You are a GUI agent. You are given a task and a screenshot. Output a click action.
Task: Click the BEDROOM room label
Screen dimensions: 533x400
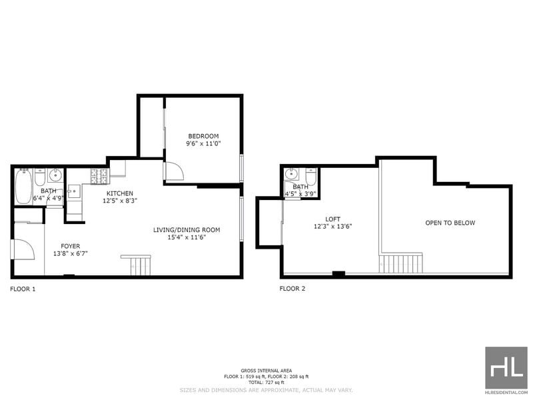203,136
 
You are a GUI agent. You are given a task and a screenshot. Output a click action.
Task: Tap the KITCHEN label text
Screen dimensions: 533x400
120,193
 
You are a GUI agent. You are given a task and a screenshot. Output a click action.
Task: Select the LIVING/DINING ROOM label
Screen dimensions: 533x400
187,230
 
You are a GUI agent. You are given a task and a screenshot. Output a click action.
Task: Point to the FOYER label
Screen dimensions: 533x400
71,246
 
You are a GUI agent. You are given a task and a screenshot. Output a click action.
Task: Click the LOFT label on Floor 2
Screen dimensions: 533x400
332,219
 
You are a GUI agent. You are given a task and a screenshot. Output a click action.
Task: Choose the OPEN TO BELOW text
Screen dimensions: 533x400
450,223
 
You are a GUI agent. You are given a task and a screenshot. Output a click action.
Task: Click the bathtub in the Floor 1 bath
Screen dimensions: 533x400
23,187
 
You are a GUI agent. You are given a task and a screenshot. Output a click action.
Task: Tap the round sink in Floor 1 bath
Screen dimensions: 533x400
55,175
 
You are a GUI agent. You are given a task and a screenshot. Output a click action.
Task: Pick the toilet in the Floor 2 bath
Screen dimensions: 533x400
311,177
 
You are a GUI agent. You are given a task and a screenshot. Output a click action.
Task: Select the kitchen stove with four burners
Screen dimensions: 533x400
99,177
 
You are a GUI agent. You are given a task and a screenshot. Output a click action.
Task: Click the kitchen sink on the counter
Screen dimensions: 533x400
75,191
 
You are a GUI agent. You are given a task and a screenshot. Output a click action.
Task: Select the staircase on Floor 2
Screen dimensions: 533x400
401,263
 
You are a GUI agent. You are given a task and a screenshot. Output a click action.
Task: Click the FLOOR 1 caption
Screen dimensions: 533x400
23,289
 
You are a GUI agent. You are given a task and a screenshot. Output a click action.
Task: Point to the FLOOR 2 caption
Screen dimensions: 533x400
292,289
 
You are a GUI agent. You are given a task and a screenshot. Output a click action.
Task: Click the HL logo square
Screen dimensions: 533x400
506,368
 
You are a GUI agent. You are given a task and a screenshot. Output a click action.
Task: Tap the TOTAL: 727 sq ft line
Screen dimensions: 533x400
266,382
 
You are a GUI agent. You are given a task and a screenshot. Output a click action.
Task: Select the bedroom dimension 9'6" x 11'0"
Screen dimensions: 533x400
203,143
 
